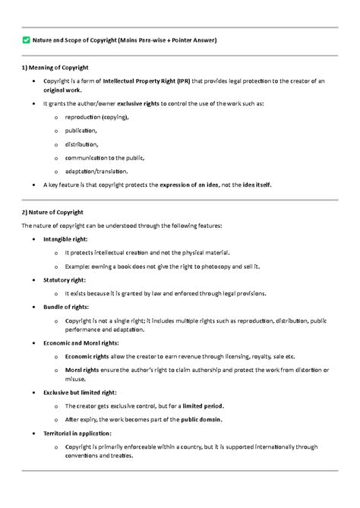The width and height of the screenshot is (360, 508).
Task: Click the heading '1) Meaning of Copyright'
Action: click(x=55, y=67)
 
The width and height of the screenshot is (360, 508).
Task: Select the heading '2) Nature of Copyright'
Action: click(x=52, y=212)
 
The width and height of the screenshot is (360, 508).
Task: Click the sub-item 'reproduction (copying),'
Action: click(x=97, y=117)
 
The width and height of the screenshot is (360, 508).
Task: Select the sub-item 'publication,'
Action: click(x=81, y=131)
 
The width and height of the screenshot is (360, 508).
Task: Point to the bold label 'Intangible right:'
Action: click(x=65, y=238)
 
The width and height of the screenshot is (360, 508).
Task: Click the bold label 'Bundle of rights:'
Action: click(x=66, y=307)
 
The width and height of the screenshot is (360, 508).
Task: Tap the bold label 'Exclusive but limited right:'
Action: click(x=80, y=393)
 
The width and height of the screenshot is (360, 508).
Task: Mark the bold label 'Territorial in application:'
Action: click(x=77, y=433)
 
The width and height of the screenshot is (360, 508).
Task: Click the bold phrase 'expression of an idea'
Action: click(x=188, y=185)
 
